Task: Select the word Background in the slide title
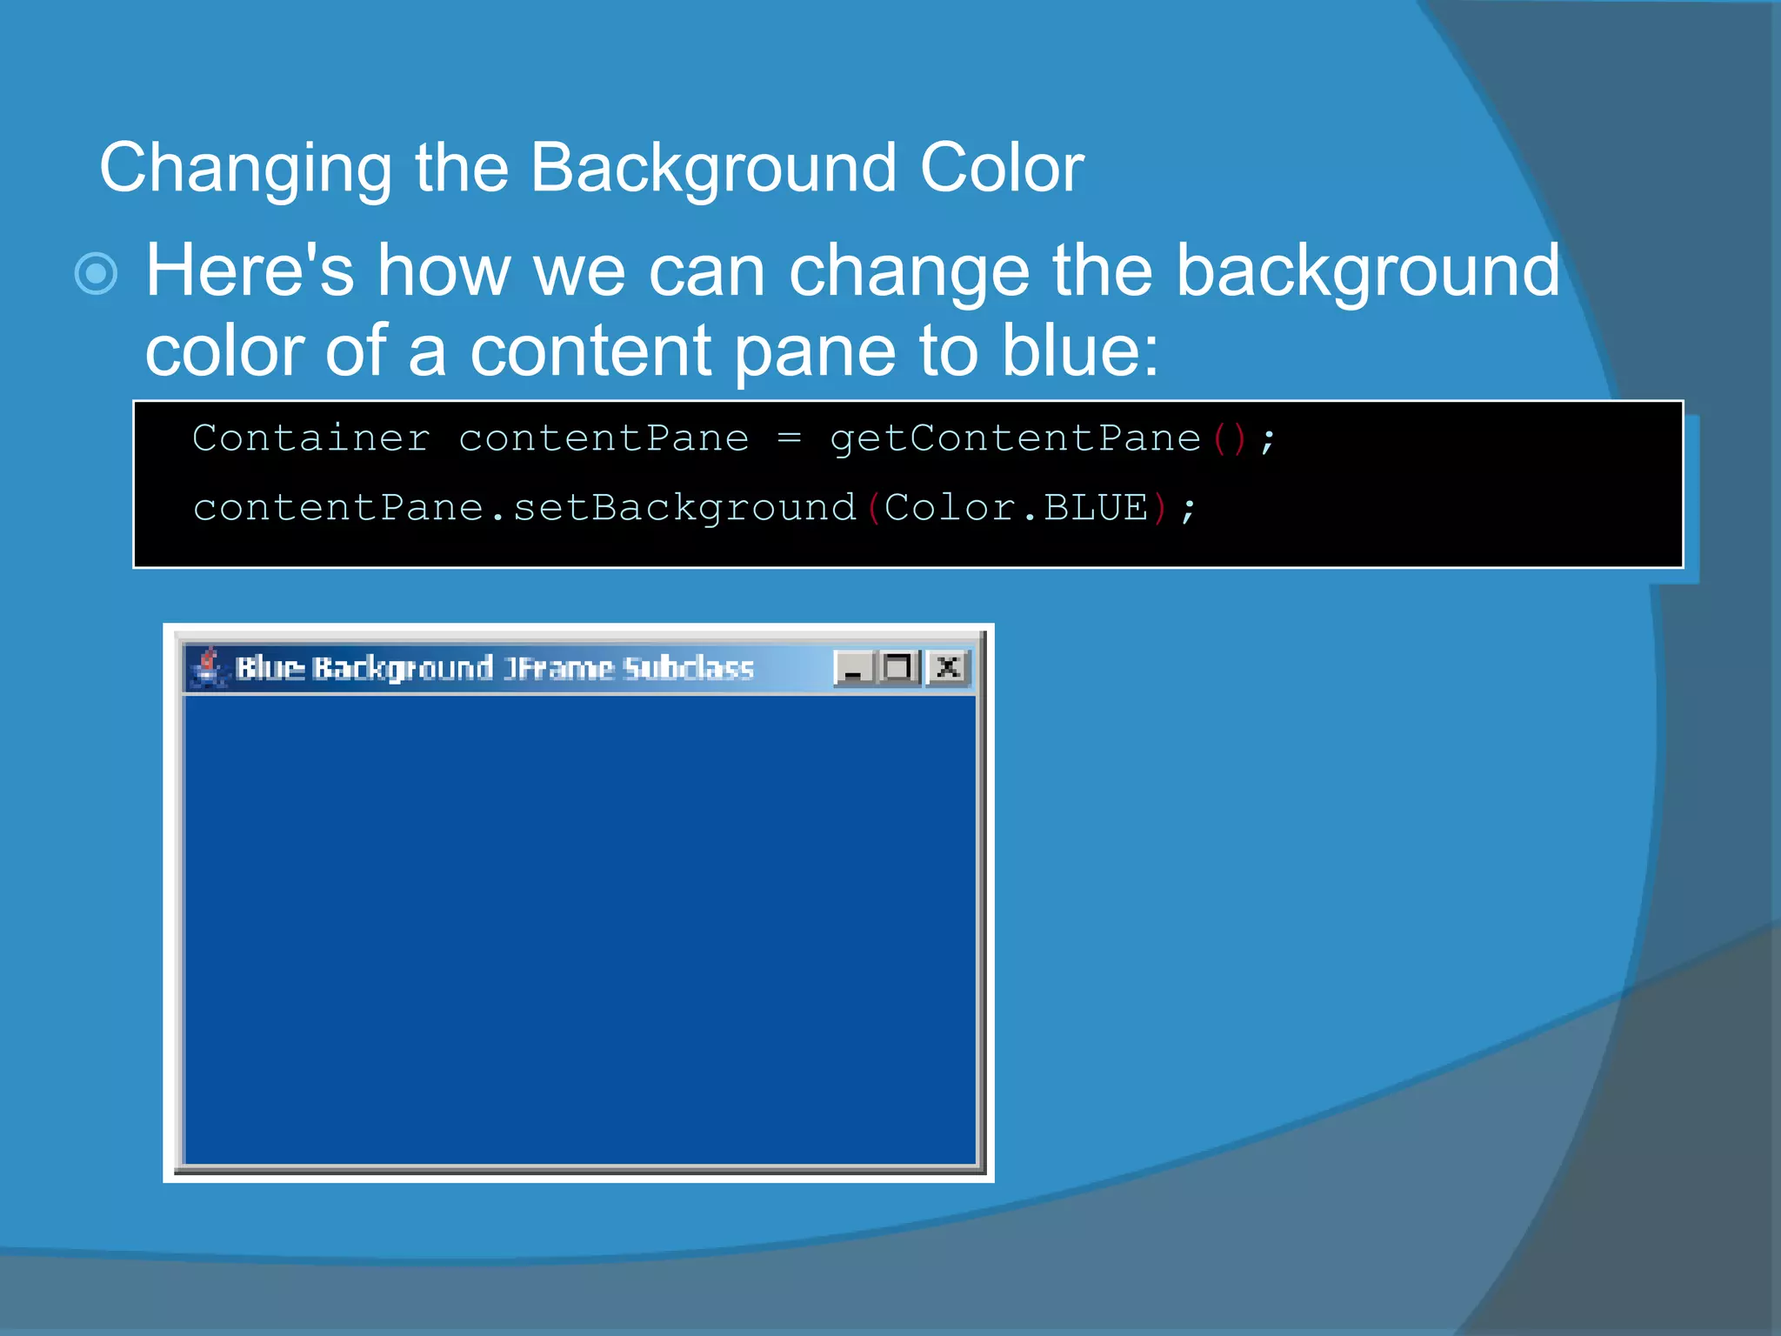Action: (713, 168)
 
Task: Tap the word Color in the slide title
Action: (1002, 168)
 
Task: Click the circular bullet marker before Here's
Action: (97, 274)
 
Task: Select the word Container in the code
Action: (310, 438)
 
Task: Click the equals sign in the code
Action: (789, 438)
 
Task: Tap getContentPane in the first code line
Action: (1015, 438)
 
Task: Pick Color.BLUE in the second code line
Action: (1016, 508)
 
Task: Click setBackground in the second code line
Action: (684, 508)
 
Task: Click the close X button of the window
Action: (948, 667)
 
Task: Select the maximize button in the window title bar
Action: (898, 667)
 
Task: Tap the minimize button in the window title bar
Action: (853, 668)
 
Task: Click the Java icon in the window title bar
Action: (208, 667)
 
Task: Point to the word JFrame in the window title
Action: (558, 668)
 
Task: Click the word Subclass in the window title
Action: (689, 668)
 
